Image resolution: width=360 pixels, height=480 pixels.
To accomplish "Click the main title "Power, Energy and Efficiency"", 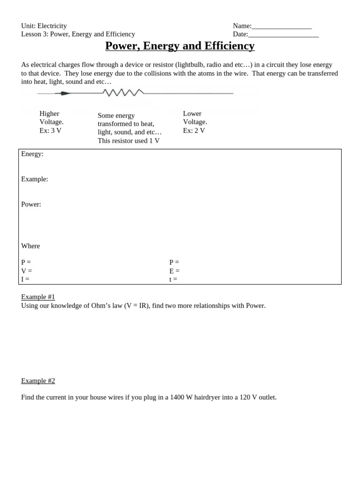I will [180, 46].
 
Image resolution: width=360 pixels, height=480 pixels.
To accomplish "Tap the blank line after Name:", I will [281, 27].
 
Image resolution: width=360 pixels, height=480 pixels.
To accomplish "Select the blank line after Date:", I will [283, 35].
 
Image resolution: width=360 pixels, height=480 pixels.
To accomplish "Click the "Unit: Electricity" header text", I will [44, 26].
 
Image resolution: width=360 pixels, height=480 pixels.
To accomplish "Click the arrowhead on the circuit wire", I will [65, 93].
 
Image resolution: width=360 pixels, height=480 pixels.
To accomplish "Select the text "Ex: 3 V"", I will [51, 131].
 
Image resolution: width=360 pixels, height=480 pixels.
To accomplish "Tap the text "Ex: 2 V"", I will [194, 131].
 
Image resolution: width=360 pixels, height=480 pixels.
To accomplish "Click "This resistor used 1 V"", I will [128, 141].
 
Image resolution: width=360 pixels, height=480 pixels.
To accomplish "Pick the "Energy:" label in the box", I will [32, 154].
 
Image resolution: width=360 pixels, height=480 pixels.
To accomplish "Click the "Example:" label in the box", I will [35, 179].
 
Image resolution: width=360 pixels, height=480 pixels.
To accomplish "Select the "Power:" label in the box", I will [31, 204].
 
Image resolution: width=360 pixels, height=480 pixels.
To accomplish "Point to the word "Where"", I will [30, 246].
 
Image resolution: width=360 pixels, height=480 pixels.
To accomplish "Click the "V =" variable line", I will [27, 271].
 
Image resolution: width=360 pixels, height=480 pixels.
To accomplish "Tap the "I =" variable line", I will [25, 279].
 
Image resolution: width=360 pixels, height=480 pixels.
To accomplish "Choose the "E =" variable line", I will [174, 271].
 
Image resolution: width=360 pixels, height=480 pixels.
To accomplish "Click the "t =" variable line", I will [173, 279].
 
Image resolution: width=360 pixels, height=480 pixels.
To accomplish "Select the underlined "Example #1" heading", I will [38, 297].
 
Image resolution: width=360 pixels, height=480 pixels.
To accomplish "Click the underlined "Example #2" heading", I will [38, 381].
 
